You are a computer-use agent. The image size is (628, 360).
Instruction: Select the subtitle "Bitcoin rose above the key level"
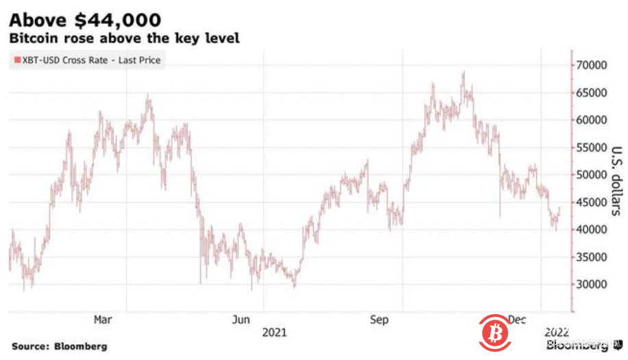[124, 38]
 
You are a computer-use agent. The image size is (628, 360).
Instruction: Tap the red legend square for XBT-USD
[15, 60]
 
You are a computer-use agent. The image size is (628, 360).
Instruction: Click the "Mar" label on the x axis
[102, 320]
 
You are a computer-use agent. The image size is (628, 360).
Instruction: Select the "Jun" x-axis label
[240, 320]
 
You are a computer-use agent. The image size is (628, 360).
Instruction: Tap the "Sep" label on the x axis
[379, 320]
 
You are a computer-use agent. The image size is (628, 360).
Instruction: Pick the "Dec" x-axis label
[517, 320]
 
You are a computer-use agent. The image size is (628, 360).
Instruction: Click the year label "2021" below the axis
[275, 332]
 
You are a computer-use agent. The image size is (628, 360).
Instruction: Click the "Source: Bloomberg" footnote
[59, 346]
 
